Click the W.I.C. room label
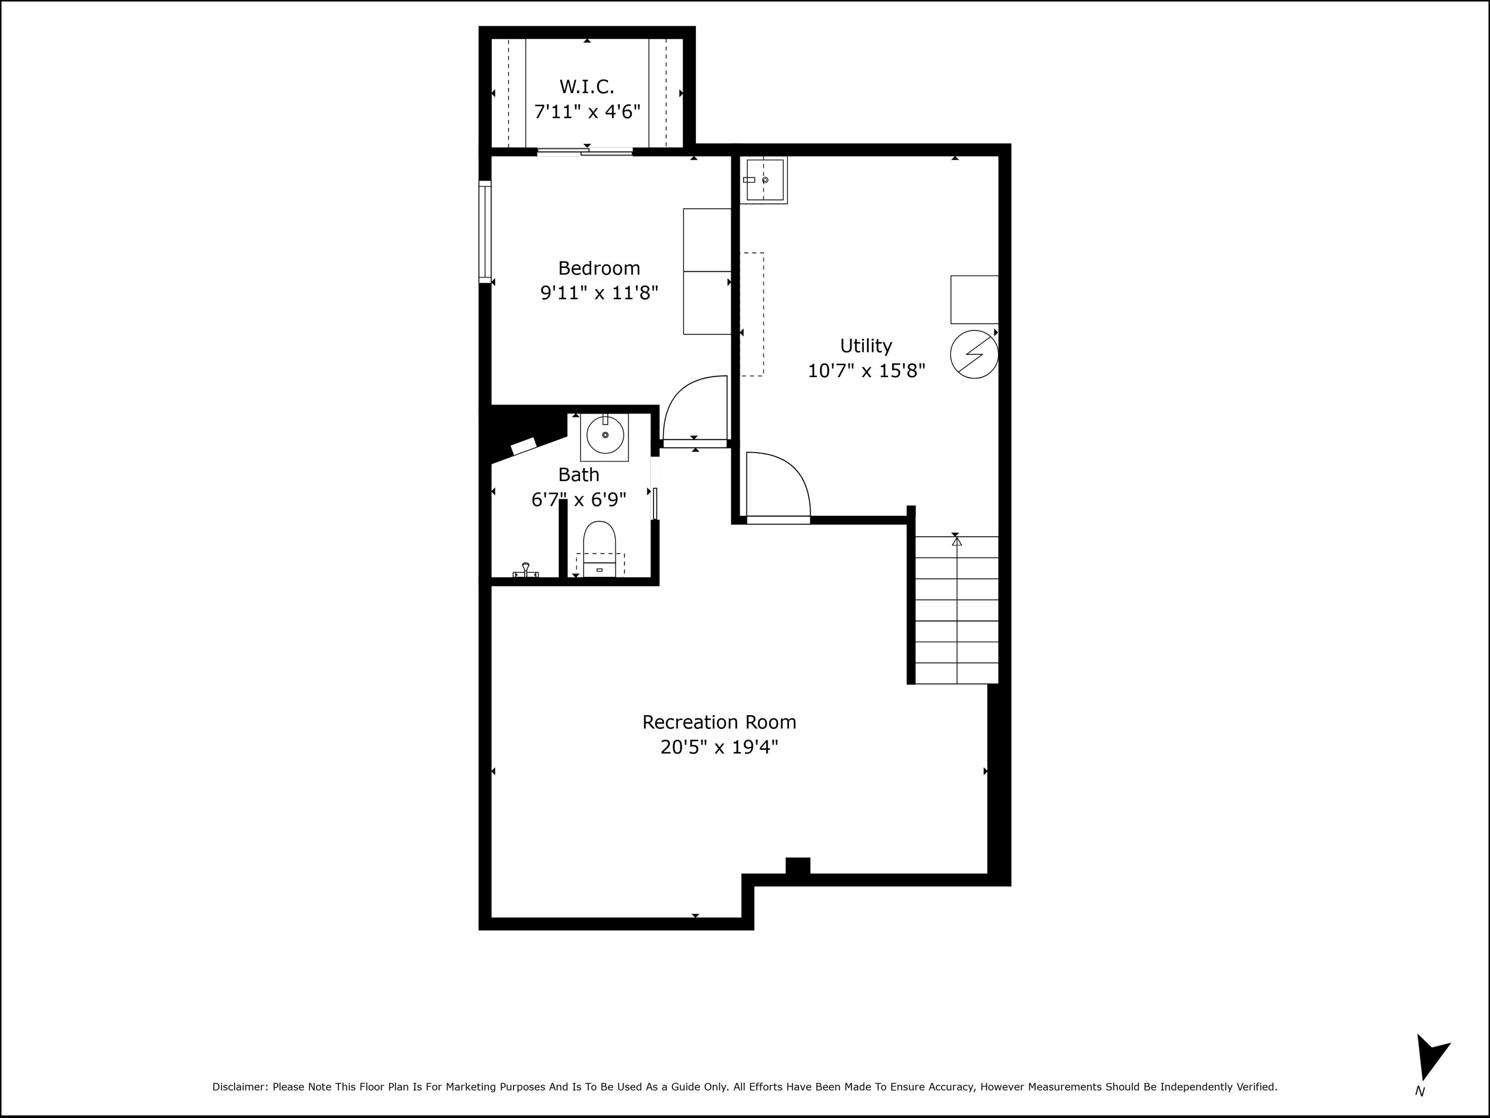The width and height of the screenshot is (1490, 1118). [587, 87]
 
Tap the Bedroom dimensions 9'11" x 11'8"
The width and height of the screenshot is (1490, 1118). [599, 293]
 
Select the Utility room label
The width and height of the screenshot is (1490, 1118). [866, 346]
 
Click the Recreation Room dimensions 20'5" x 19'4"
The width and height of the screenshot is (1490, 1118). [719, 747]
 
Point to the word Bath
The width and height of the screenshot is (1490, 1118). [579, 475]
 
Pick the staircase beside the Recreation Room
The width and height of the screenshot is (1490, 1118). [956, 609]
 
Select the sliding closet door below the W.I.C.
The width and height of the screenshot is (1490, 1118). [585, 152]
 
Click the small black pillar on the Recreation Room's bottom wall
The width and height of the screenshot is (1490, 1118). [798, 865]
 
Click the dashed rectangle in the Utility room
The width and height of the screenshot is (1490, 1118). [752, 314]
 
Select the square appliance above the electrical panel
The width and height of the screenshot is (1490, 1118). [974, 299]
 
